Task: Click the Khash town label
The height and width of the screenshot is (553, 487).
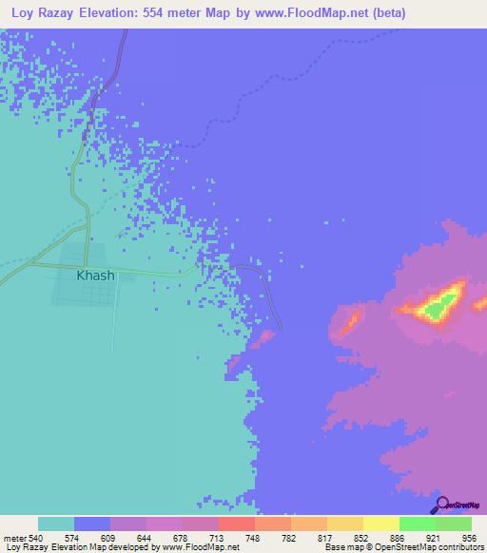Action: click(95, 276)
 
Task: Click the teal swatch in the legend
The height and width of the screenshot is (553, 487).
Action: click(56, 524)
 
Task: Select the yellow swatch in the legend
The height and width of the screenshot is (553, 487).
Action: click(380, 524)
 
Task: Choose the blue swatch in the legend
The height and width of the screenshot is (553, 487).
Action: click(92, 524)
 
